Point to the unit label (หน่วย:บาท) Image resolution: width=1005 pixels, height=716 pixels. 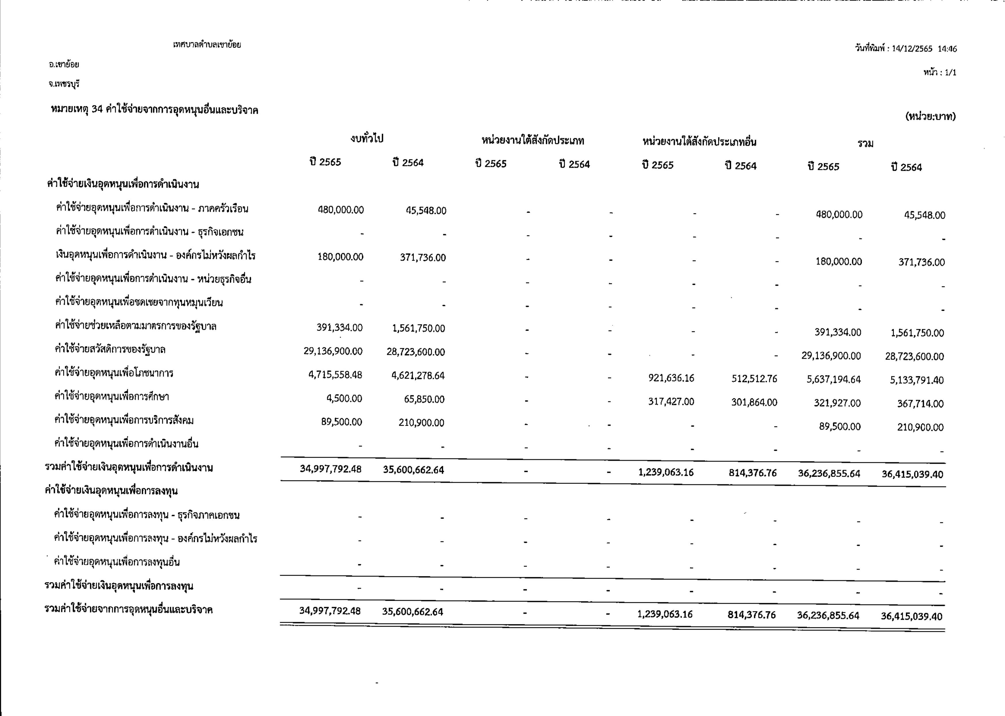tap(930, 116)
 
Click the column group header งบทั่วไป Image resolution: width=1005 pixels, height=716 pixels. tap(367, 139)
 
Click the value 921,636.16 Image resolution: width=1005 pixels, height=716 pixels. tap(671, 378)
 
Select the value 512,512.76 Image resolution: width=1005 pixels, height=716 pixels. tap(754, 379)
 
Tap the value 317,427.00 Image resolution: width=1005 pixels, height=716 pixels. tap(671, 402)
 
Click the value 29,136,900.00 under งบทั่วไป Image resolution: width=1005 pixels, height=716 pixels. tap(333, 351)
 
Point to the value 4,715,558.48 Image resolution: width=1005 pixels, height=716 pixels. tap(335, 375)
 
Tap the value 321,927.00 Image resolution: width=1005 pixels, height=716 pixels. tap(837, 403)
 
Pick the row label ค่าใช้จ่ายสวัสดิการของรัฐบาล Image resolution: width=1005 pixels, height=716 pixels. tap(110, 350)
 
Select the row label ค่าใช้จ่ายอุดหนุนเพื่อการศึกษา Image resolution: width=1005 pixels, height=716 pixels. tap(112, 396)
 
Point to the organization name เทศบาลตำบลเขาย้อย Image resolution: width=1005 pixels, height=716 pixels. tap(207, 45)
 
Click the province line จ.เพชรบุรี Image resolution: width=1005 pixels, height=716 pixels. tap(64, 84)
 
